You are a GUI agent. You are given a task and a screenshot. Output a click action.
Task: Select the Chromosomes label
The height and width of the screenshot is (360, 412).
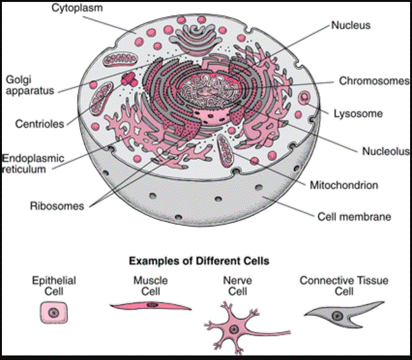tap(374, 81)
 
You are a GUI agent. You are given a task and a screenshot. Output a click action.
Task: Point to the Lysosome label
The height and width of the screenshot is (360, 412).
tap(358, 114)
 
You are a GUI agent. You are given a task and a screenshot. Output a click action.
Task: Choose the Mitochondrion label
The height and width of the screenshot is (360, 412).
tap(344, 185)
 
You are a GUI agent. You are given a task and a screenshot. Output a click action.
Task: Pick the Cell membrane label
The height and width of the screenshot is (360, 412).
tap(354, 217)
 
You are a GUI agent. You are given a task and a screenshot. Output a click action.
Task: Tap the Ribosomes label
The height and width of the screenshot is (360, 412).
tap(57, 206)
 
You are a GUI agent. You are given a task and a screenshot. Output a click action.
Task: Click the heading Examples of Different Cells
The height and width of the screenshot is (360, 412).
tap(199, 261)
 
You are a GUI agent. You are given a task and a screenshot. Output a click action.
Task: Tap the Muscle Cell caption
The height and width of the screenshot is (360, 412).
tap(150, 286)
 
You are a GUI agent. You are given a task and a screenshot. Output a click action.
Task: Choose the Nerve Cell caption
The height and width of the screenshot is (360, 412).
tap(233, 286)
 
